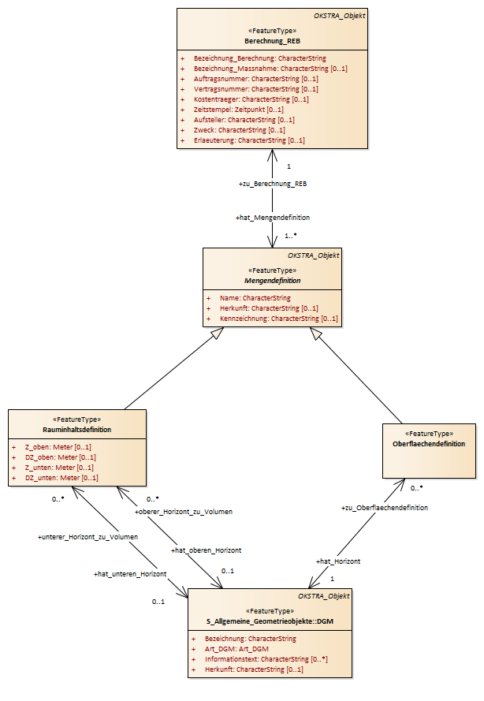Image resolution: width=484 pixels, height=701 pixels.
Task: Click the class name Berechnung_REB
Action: (x=272, y=41)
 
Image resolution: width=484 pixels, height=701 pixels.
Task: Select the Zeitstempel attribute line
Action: (x=238, y=110)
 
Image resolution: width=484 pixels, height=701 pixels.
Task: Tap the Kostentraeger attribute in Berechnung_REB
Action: (x=251, y=99)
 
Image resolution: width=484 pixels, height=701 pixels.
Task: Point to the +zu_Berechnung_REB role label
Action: (x=273, y=184)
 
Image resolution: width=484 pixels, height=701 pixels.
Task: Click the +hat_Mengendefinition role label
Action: (x=273, y=218)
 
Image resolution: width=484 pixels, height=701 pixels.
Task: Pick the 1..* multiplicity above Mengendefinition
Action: (x=291, y=236)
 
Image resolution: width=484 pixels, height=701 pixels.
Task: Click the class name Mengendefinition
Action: (x=272, y=281)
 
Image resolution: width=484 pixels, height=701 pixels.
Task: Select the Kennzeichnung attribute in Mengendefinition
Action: (x=278, y=319)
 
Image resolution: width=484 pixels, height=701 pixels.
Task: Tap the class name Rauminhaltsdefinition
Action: (x=77, y=430)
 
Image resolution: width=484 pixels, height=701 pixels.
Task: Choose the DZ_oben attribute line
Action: (x=61, y=457)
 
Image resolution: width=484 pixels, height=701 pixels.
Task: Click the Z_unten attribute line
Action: (x=59, y=468)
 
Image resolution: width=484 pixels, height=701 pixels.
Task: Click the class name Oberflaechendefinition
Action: (x=429, y=444)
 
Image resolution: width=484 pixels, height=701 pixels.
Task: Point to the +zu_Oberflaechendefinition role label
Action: (x=385, y=508)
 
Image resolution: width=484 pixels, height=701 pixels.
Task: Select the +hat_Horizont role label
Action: (x=338, y=561)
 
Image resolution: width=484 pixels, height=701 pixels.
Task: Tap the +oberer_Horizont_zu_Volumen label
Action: (x=184, y=512)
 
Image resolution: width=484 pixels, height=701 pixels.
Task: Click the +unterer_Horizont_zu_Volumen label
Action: (x=87, y=537)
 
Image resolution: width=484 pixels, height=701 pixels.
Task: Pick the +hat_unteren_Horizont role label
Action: (x=130, y=574)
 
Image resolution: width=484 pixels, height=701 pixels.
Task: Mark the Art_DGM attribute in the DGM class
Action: (x=236, y=649)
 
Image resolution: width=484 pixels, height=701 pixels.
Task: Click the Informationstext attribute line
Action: (x=266, y=659)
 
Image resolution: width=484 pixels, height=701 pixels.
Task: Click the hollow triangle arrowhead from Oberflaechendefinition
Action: (x=316, y=334)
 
